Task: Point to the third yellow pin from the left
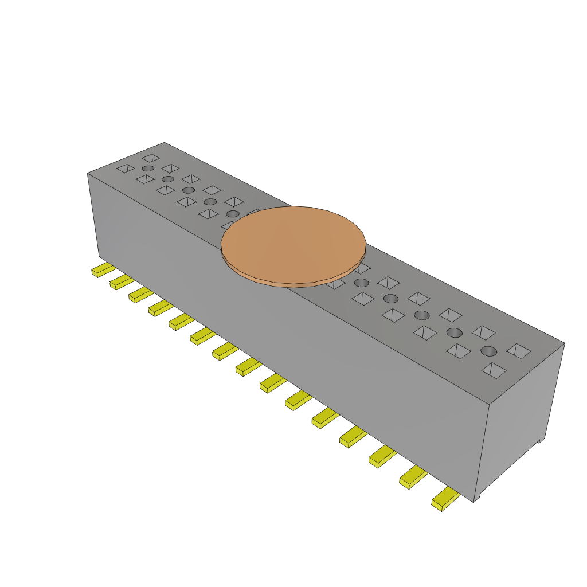139,295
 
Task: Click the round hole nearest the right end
488,351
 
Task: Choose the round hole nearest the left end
148,169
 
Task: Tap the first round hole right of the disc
361,283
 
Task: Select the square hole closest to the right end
519,351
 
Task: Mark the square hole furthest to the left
126,168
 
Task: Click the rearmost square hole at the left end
151,158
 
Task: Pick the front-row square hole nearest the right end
494,370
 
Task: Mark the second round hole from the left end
168,179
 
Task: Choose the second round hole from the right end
454,332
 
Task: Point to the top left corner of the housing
88,174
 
